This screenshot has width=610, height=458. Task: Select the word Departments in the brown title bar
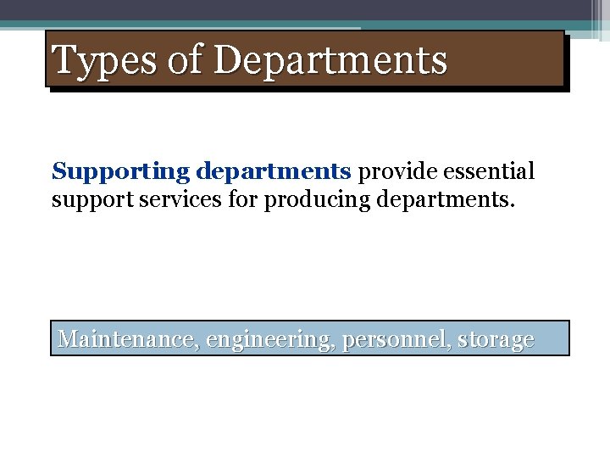pos(330,61)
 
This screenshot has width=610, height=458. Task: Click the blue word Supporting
pos(121,172)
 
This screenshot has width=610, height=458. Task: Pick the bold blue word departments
pos(273,172)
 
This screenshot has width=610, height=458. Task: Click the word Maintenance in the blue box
pos(126,340)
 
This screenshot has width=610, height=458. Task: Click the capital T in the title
pos(65,61)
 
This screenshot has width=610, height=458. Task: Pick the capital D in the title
pos(228,61)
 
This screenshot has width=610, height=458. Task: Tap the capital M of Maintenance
pos(68,340)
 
